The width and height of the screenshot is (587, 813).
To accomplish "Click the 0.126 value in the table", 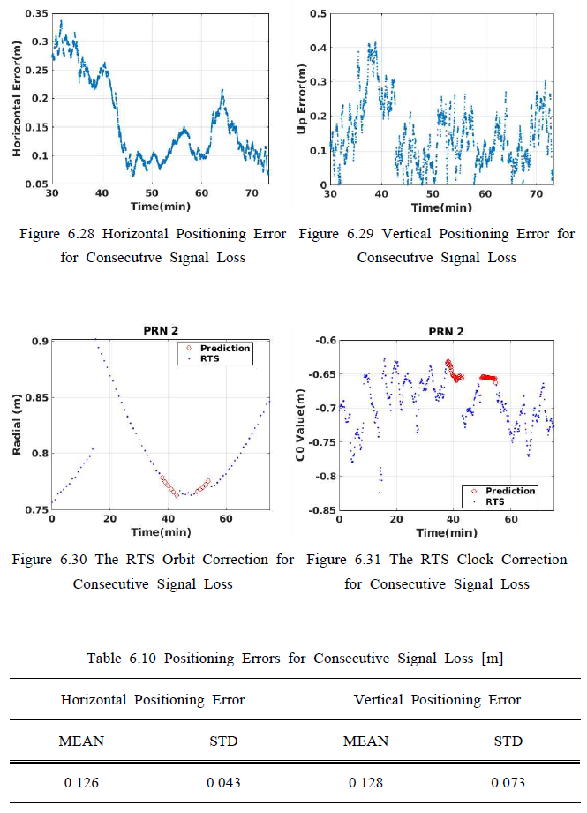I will pos(81,782).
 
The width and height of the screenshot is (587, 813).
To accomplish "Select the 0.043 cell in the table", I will pos(223,782).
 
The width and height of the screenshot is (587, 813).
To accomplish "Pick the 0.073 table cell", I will pos(508,782).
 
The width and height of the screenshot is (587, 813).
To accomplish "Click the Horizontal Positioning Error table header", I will pos(153,700).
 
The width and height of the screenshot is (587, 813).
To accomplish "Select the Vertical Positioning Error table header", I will pos(437,700).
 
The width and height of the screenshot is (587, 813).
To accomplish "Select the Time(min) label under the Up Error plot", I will pos(441,207).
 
